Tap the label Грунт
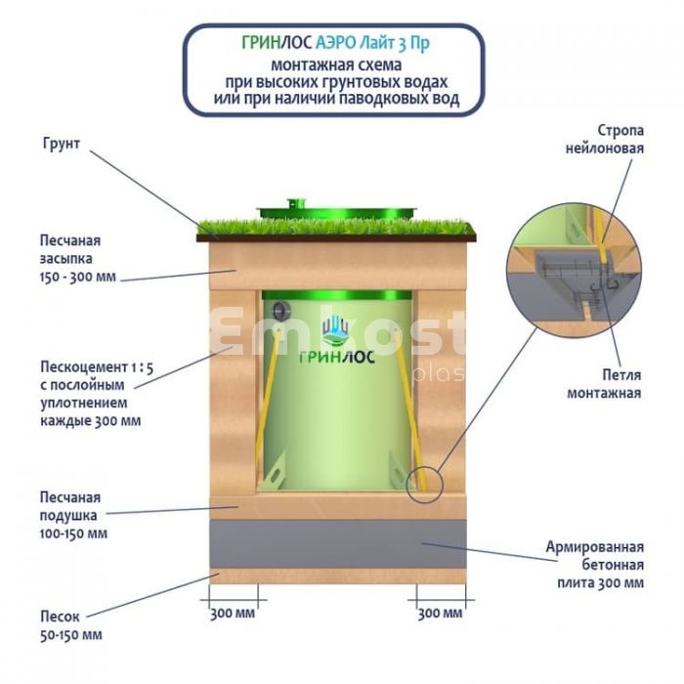(x=62, y=145)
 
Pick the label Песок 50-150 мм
(x=70, y=625)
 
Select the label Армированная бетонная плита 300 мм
(x=595, y=565)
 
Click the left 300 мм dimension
(x=233, y=614)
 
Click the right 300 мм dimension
(x=440, y=614)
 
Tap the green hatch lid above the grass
(x=336, y=209)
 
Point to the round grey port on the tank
(x=280, y=311)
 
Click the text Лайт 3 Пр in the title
(x=409, y=44)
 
